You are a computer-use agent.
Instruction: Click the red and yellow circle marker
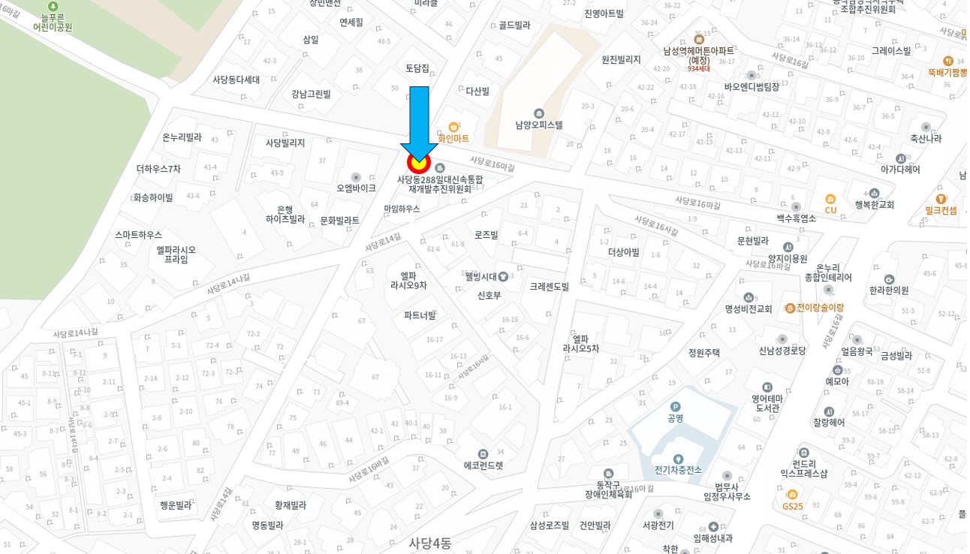pos(418,162)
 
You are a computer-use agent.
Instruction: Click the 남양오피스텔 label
pos(538,125)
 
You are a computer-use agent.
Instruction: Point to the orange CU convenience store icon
pos(830,200)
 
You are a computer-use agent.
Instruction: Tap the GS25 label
pos(792,505)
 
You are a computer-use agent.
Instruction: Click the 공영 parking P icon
pos(676,406)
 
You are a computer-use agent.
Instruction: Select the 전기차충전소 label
pos(677,470)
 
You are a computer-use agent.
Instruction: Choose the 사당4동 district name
pos(430,543)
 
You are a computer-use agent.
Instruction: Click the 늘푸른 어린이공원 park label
pos(53,22)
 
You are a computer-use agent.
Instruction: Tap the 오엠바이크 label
pos(356,188)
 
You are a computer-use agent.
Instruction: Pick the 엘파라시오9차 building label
pos(408,280)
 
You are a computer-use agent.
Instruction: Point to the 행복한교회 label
pos(874,204)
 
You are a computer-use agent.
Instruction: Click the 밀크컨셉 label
pos(941,210)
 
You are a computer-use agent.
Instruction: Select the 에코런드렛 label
pos(483,465)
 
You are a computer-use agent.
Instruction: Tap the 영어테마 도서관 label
pos(767,403)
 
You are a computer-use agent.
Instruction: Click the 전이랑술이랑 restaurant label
pos(815,308)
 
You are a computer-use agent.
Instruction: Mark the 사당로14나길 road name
pos(75,333)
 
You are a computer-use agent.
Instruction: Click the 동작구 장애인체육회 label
pos(608,489)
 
